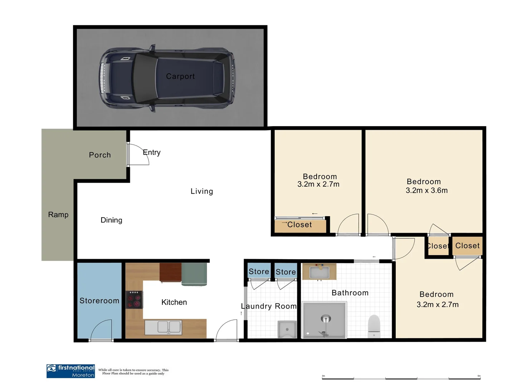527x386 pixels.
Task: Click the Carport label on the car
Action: click(180, 76)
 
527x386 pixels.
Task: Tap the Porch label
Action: click(100, 155)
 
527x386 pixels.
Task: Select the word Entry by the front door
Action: click(152, 153)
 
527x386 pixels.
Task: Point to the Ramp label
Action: click(58, 215)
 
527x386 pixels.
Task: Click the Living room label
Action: click(202, 192)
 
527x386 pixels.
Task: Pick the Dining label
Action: click(111, 220)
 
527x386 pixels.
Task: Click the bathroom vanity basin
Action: click(319, 272)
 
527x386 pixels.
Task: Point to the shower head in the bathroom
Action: click(326, 319)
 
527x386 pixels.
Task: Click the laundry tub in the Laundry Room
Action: click(287, 329)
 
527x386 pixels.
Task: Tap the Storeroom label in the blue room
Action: click(99, 301)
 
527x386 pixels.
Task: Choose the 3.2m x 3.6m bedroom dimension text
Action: click(426, 190)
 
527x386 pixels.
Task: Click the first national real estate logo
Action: click(71, 371)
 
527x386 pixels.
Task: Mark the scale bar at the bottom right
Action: click(401, 378)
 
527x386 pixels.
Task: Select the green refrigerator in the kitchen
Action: click(194, 274)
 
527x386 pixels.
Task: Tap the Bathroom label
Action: click(350, 293)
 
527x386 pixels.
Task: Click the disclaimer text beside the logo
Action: click(133, 372)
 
